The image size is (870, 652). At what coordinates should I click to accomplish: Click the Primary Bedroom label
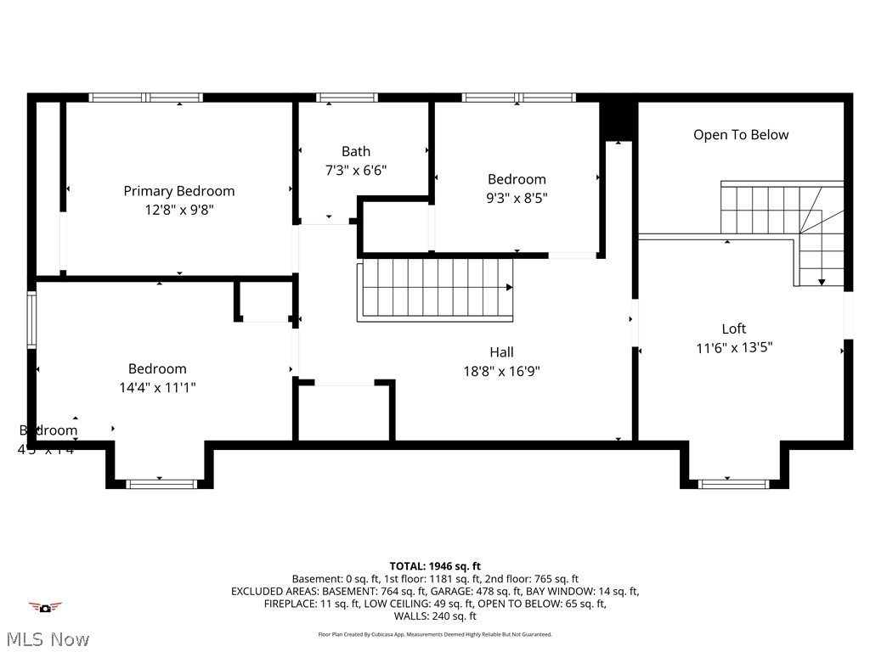(x=178, y=191)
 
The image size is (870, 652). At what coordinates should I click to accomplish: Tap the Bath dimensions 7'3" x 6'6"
(x=356, y=170)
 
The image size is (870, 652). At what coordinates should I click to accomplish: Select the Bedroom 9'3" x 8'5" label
(x=517, y=179)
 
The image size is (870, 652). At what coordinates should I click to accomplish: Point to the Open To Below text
(x=741, y=135)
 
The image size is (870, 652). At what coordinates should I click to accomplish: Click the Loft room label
(x=734, y=329)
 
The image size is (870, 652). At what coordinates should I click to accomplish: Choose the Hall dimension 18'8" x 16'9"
(x=501, y=371)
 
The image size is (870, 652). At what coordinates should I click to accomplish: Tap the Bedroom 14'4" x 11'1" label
(x=157, y=368)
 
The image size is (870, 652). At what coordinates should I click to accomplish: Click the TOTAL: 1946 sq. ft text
(x=435, y=565)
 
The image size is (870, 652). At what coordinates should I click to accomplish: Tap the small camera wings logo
(x=45, y=607)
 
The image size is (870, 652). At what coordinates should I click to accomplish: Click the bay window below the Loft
(x=733, y=484)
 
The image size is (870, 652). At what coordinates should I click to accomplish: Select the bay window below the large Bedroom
(x=161, y=484)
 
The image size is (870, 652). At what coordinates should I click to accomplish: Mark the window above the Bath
(x=347, y=98)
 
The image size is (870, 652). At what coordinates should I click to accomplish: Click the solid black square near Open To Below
(x=619, y=120)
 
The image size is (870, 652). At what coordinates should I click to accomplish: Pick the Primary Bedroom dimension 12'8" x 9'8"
(x=178, y=209)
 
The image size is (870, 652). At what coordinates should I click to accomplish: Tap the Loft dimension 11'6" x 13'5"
(x=734, y=347)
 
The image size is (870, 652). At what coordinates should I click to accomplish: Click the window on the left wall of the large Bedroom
(x=31, y=320)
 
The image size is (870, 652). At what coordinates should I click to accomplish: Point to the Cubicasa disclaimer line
(x=435, y=634)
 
